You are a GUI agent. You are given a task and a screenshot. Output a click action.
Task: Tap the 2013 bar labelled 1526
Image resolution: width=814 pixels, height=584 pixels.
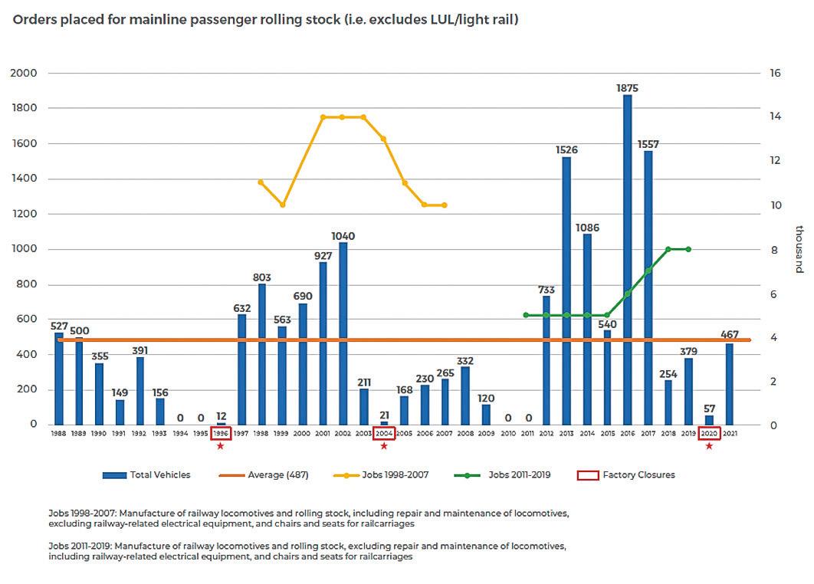(567, 290)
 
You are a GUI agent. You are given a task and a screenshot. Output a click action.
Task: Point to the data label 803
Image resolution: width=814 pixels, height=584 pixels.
(261, 277)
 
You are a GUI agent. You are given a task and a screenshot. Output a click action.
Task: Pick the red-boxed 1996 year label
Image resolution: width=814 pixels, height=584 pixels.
(221, 433)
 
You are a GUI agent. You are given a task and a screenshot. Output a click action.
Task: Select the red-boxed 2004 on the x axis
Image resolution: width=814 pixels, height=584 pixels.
(384, 433)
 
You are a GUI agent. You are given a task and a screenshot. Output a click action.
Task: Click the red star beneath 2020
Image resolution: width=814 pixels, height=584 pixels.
(709, 446)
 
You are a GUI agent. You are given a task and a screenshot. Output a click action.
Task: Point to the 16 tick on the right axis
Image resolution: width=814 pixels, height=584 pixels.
(775, 74)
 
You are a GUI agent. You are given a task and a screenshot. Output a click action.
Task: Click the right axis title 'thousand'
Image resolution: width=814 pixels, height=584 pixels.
(799, 249)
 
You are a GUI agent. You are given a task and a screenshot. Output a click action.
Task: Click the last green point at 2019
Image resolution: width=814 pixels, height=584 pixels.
(688, 249)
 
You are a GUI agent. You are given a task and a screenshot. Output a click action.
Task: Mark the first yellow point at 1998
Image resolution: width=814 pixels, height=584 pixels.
(261, 182)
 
